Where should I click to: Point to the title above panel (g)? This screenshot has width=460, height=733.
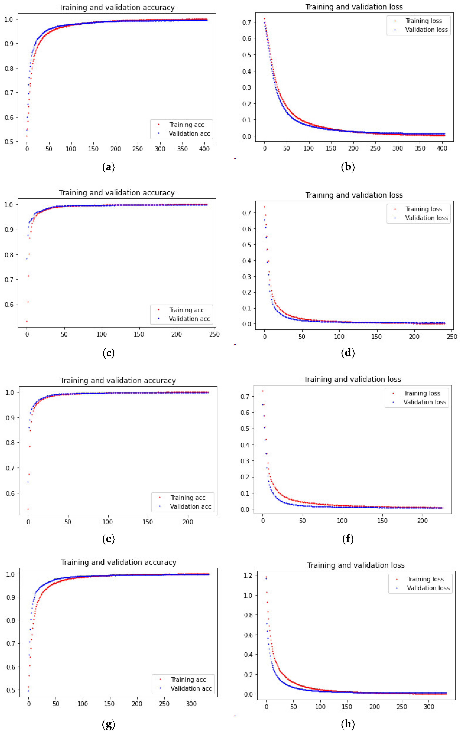point(118,562)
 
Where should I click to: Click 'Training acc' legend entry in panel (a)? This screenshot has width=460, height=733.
point(186,125)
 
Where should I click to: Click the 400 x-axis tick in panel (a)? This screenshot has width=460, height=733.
point(204,149)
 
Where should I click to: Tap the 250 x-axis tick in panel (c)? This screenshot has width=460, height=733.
point(214,334)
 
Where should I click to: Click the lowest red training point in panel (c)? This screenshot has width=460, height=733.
point(27,321)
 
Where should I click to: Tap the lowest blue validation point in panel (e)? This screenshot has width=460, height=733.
point(28,482)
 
